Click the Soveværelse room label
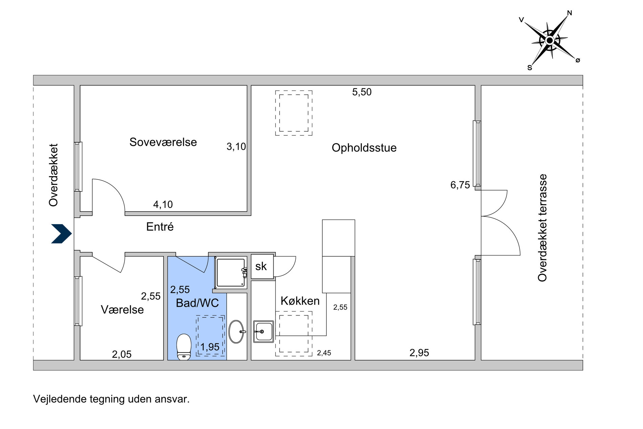pos(163,142)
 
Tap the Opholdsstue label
pos(364,148)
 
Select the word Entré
pos(160,227)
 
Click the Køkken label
pos(300,301)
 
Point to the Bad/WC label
pos(197,303)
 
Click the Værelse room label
pos(122,309)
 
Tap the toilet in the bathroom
pos(184,347)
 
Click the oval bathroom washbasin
pos(236,332)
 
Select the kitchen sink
pos(263,331)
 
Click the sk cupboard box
pos(262,266)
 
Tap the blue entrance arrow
pos(61,234)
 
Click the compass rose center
pos(549,41)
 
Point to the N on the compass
pos(569,13)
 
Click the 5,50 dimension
pos(362,92)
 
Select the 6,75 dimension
pos(460,185)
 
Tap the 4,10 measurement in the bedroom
pos(163,205)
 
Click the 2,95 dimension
pos(419,353)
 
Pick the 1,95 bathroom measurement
pos(210,347)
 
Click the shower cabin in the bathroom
pos(231,273)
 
